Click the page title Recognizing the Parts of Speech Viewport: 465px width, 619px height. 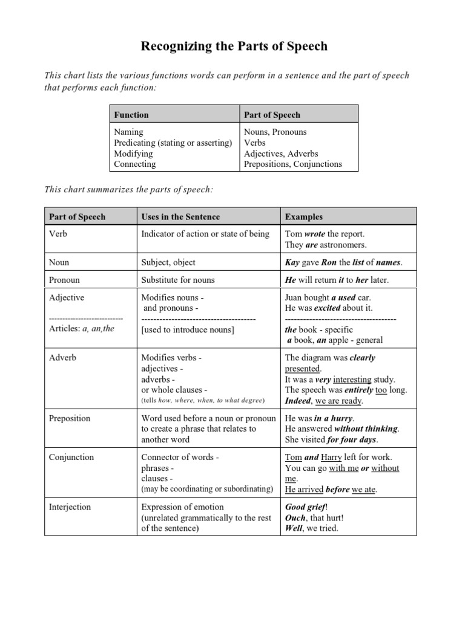pos(234,47)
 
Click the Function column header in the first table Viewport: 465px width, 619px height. pos(131,114)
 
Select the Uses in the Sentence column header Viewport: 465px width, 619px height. pos(180,216)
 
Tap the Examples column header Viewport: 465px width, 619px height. pos(304,216)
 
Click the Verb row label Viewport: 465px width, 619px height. pos(58,234)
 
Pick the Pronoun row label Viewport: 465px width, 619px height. pos(64,280)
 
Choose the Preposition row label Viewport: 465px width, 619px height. pos(70,418)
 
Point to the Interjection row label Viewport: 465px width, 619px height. pos(71,507)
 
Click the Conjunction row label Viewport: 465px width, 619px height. pos(71,457)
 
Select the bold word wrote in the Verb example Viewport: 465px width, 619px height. pos(315,234)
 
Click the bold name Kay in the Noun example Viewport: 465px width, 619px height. pos(293,262)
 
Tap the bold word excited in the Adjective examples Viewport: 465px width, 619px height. pos(328,308)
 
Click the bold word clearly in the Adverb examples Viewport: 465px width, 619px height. pos(362,358)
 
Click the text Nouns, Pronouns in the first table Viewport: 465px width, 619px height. pos(275,132)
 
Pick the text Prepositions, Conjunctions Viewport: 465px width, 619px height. pos(292,164)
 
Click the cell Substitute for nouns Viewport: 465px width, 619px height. pos(178,280)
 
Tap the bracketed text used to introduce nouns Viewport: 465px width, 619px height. pos(188,329)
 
